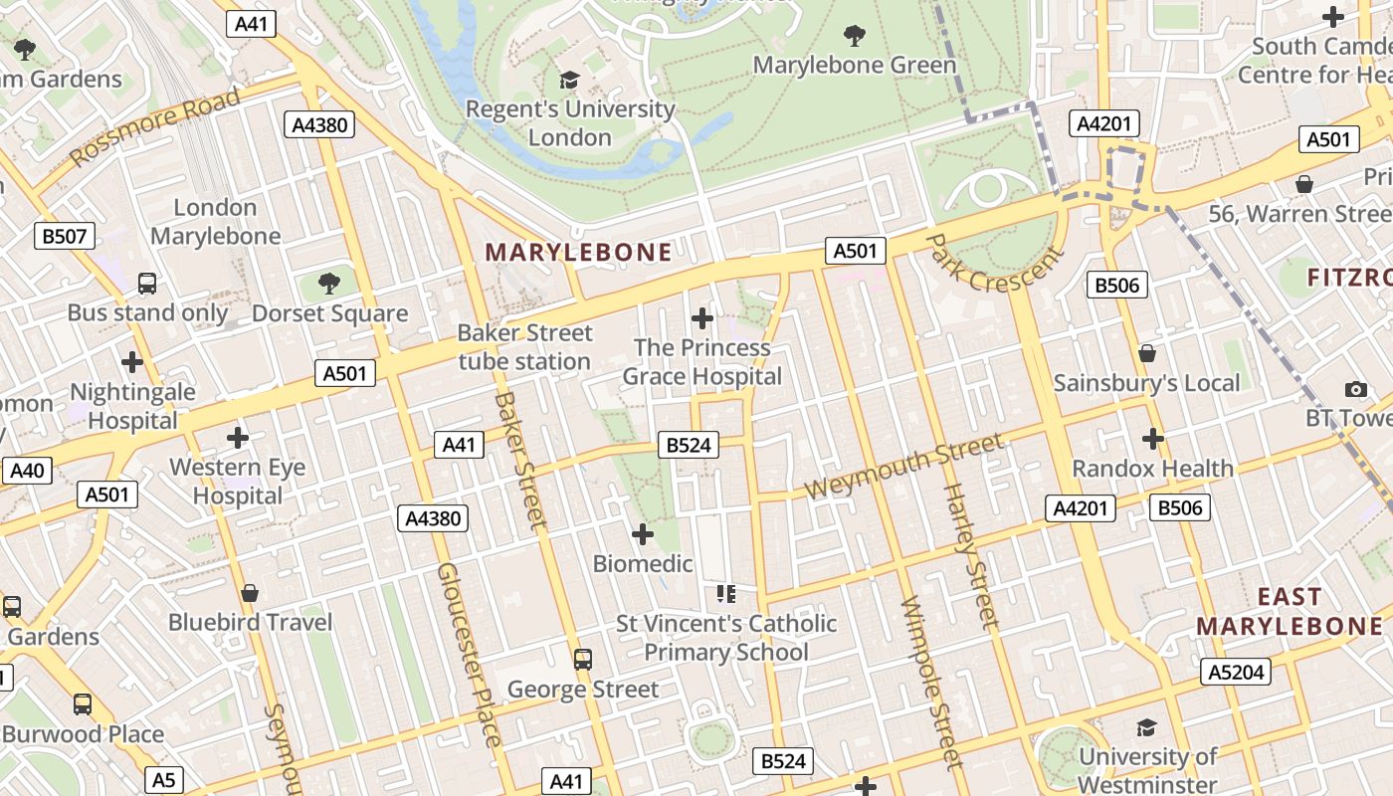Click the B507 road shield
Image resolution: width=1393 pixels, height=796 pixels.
66,236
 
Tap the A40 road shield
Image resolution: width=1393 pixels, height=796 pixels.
26,471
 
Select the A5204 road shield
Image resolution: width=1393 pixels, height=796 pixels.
1236,672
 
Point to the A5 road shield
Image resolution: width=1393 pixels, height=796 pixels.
164,780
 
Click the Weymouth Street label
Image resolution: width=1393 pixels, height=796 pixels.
903,467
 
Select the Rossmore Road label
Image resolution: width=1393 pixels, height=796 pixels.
155,126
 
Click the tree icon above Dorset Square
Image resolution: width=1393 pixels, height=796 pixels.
329,285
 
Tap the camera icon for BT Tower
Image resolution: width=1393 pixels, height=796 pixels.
1355,389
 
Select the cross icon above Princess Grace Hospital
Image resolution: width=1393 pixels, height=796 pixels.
702,318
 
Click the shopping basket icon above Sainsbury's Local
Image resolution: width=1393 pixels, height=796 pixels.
1147,353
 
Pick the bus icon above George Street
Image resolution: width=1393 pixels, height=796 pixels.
583,660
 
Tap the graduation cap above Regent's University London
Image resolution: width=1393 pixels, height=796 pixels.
569,80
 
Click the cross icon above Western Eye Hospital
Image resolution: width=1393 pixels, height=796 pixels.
238,438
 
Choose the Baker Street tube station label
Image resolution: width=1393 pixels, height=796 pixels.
524,347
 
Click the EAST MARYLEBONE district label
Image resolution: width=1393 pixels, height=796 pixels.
1289,611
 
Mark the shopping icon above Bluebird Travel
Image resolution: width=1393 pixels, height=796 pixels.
250,593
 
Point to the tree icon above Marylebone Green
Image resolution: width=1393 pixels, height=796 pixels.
854,36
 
